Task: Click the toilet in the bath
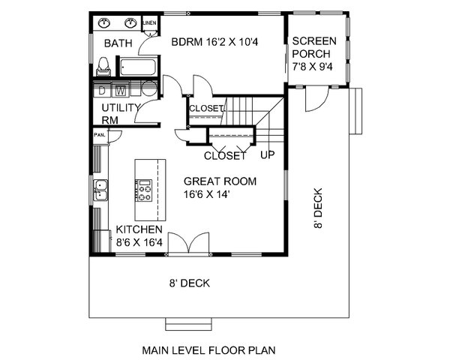tap(103, 67)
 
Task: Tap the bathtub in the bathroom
tap(138, 67)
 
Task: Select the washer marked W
tap(121, 89)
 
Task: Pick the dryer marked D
tap(102, 89)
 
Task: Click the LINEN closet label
tap(149, 23)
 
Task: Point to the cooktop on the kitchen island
tap(144, 190)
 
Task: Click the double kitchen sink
tap(100, 190)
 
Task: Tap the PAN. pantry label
tap(100, 135)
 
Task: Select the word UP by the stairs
tap(268, 155)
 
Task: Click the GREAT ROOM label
tap(220, 181)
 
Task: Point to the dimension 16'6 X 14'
tap(207, 194)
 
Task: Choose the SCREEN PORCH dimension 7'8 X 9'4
tap(313, 67)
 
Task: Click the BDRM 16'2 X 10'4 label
tap(214, 42)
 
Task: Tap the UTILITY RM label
tap(121, 114)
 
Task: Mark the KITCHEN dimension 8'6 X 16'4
tap(139, 242)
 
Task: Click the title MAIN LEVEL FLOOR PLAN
tap(209, 350)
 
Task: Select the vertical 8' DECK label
tap(318, 208)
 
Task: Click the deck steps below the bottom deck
tap(188, 324)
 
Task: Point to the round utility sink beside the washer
tap(149, 88)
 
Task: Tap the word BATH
tap(118, 43)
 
